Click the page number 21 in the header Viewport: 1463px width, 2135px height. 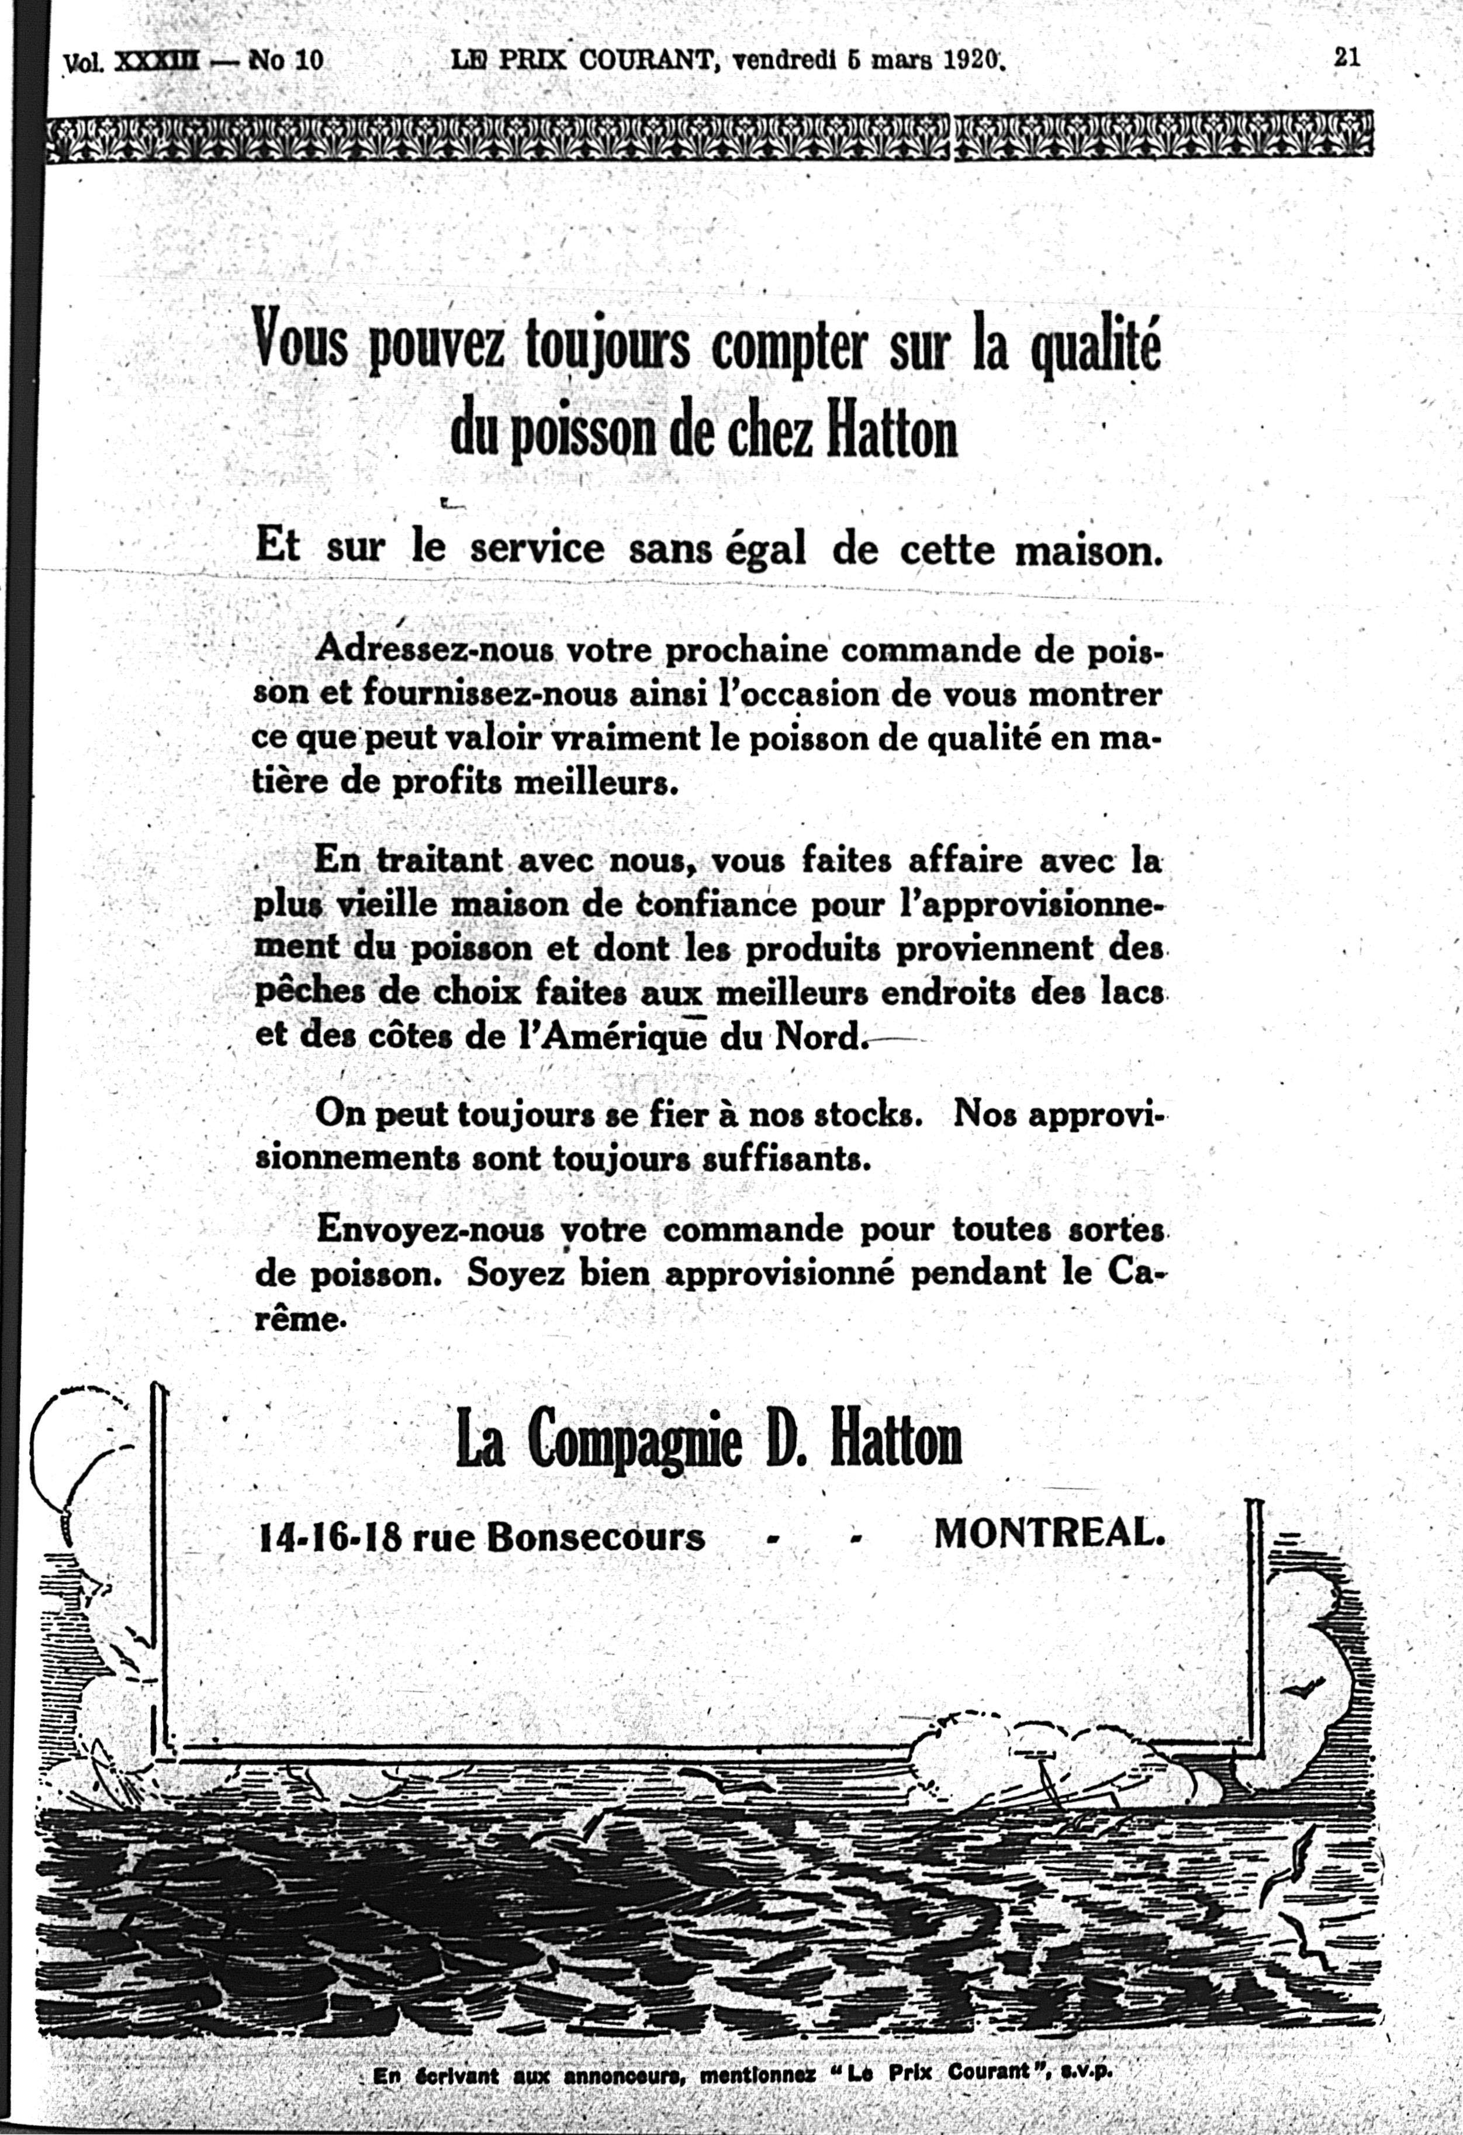(x=1346, y=58)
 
